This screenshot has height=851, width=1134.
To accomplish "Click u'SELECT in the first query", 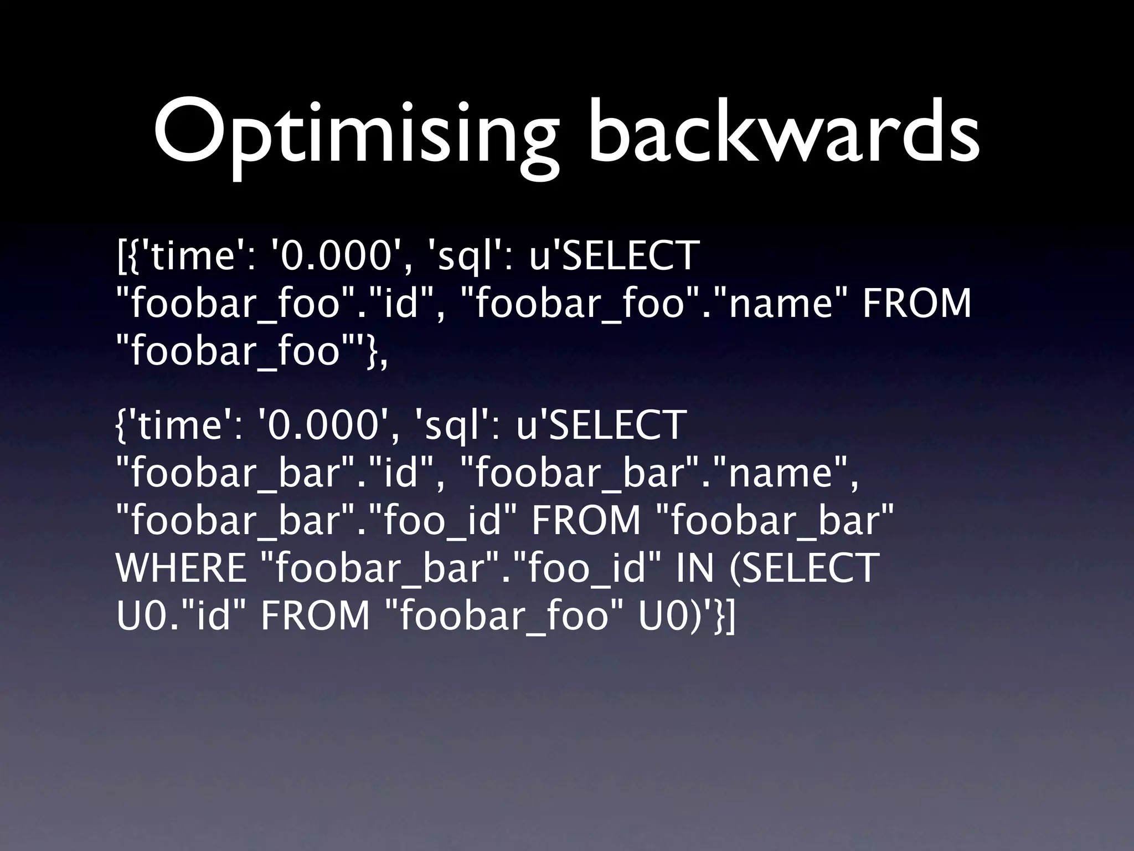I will [x=614, y=256].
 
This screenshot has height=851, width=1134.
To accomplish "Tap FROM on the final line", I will [x=315, y=616].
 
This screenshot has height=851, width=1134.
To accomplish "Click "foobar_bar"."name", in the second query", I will [x=659, y=474].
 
